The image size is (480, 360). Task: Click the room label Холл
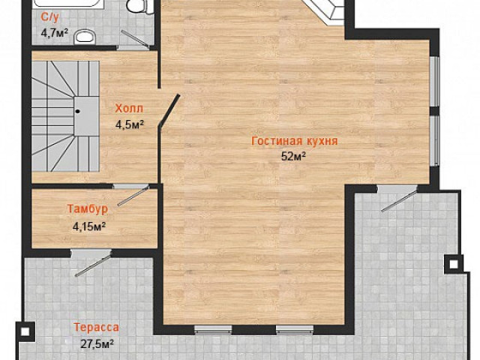[129, 108]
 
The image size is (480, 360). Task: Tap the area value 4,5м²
[130, 124]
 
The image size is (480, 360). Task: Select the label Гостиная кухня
[295, 141]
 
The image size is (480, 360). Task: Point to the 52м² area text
[293, 157]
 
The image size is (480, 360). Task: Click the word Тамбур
[88, 208]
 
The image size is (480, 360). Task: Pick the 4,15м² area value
[89, 226]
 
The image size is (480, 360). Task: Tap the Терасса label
[97, 327]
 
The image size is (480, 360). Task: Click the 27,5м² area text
[97, 343]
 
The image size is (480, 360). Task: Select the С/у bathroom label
[50, 17]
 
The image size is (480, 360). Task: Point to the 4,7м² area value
[54, 33]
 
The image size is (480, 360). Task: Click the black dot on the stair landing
[78, 112]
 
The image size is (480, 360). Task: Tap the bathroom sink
[85, 37]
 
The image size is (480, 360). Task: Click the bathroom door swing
[135, 39]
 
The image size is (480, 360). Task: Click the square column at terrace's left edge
[25, 331]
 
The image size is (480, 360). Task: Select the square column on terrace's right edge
[453, 264]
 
